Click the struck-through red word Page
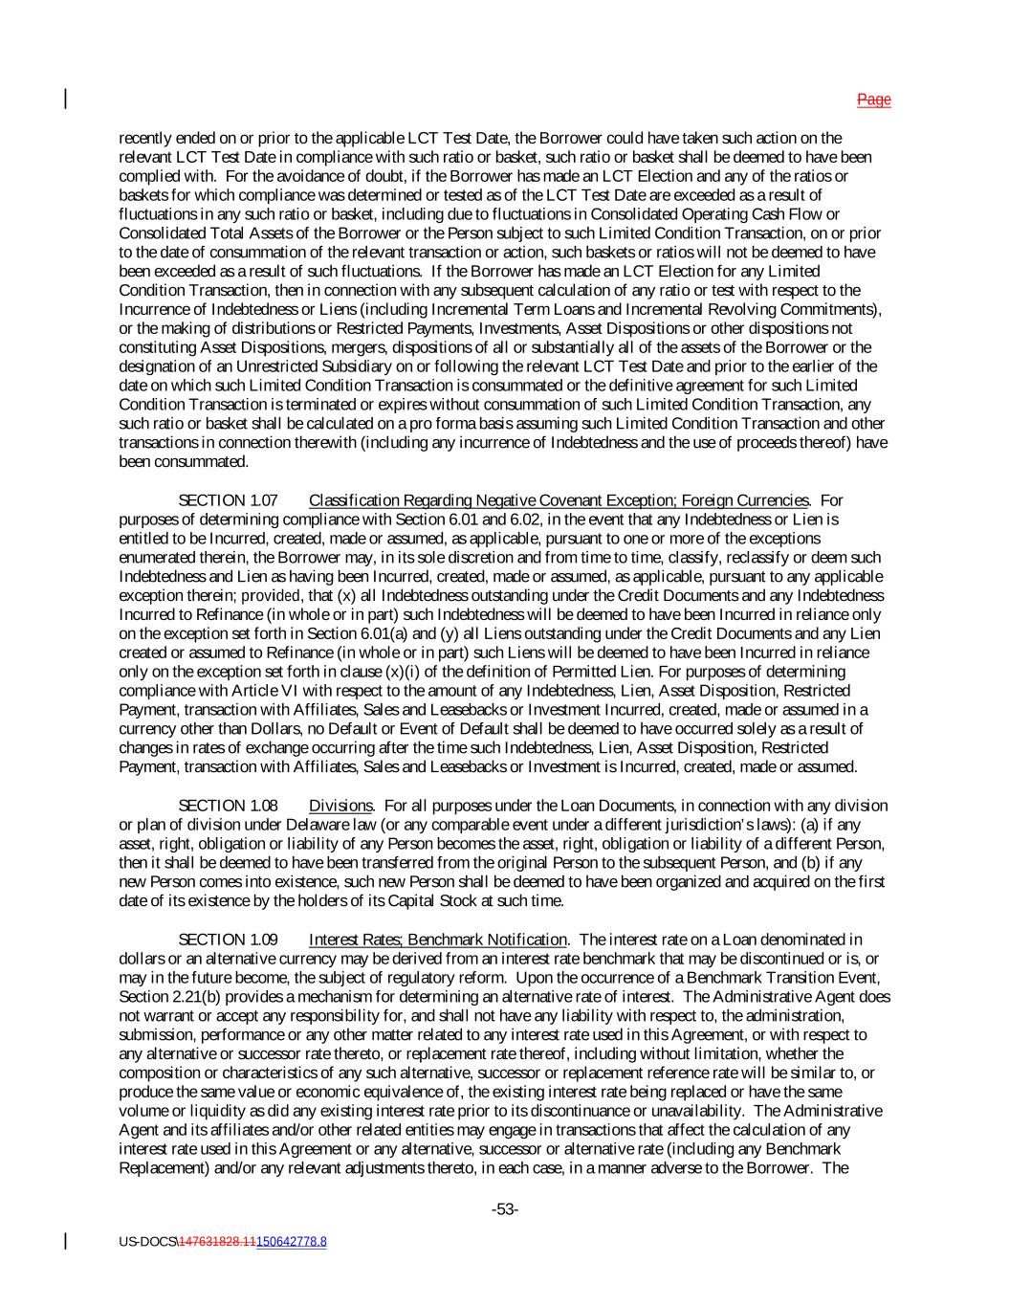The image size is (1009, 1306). [873, 100]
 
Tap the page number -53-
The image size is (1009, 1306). [504, 1209]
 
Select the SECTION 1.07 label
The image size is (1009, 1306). [229, 500]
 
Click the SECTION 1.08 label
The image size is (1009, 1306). [229, 806]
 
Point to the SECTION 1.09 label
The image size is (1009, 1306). [229, 940]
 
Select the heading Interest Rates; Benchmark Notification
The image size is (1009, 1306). [438, 940]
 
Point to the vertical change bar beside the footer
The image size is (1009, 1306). [66, 1241]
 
